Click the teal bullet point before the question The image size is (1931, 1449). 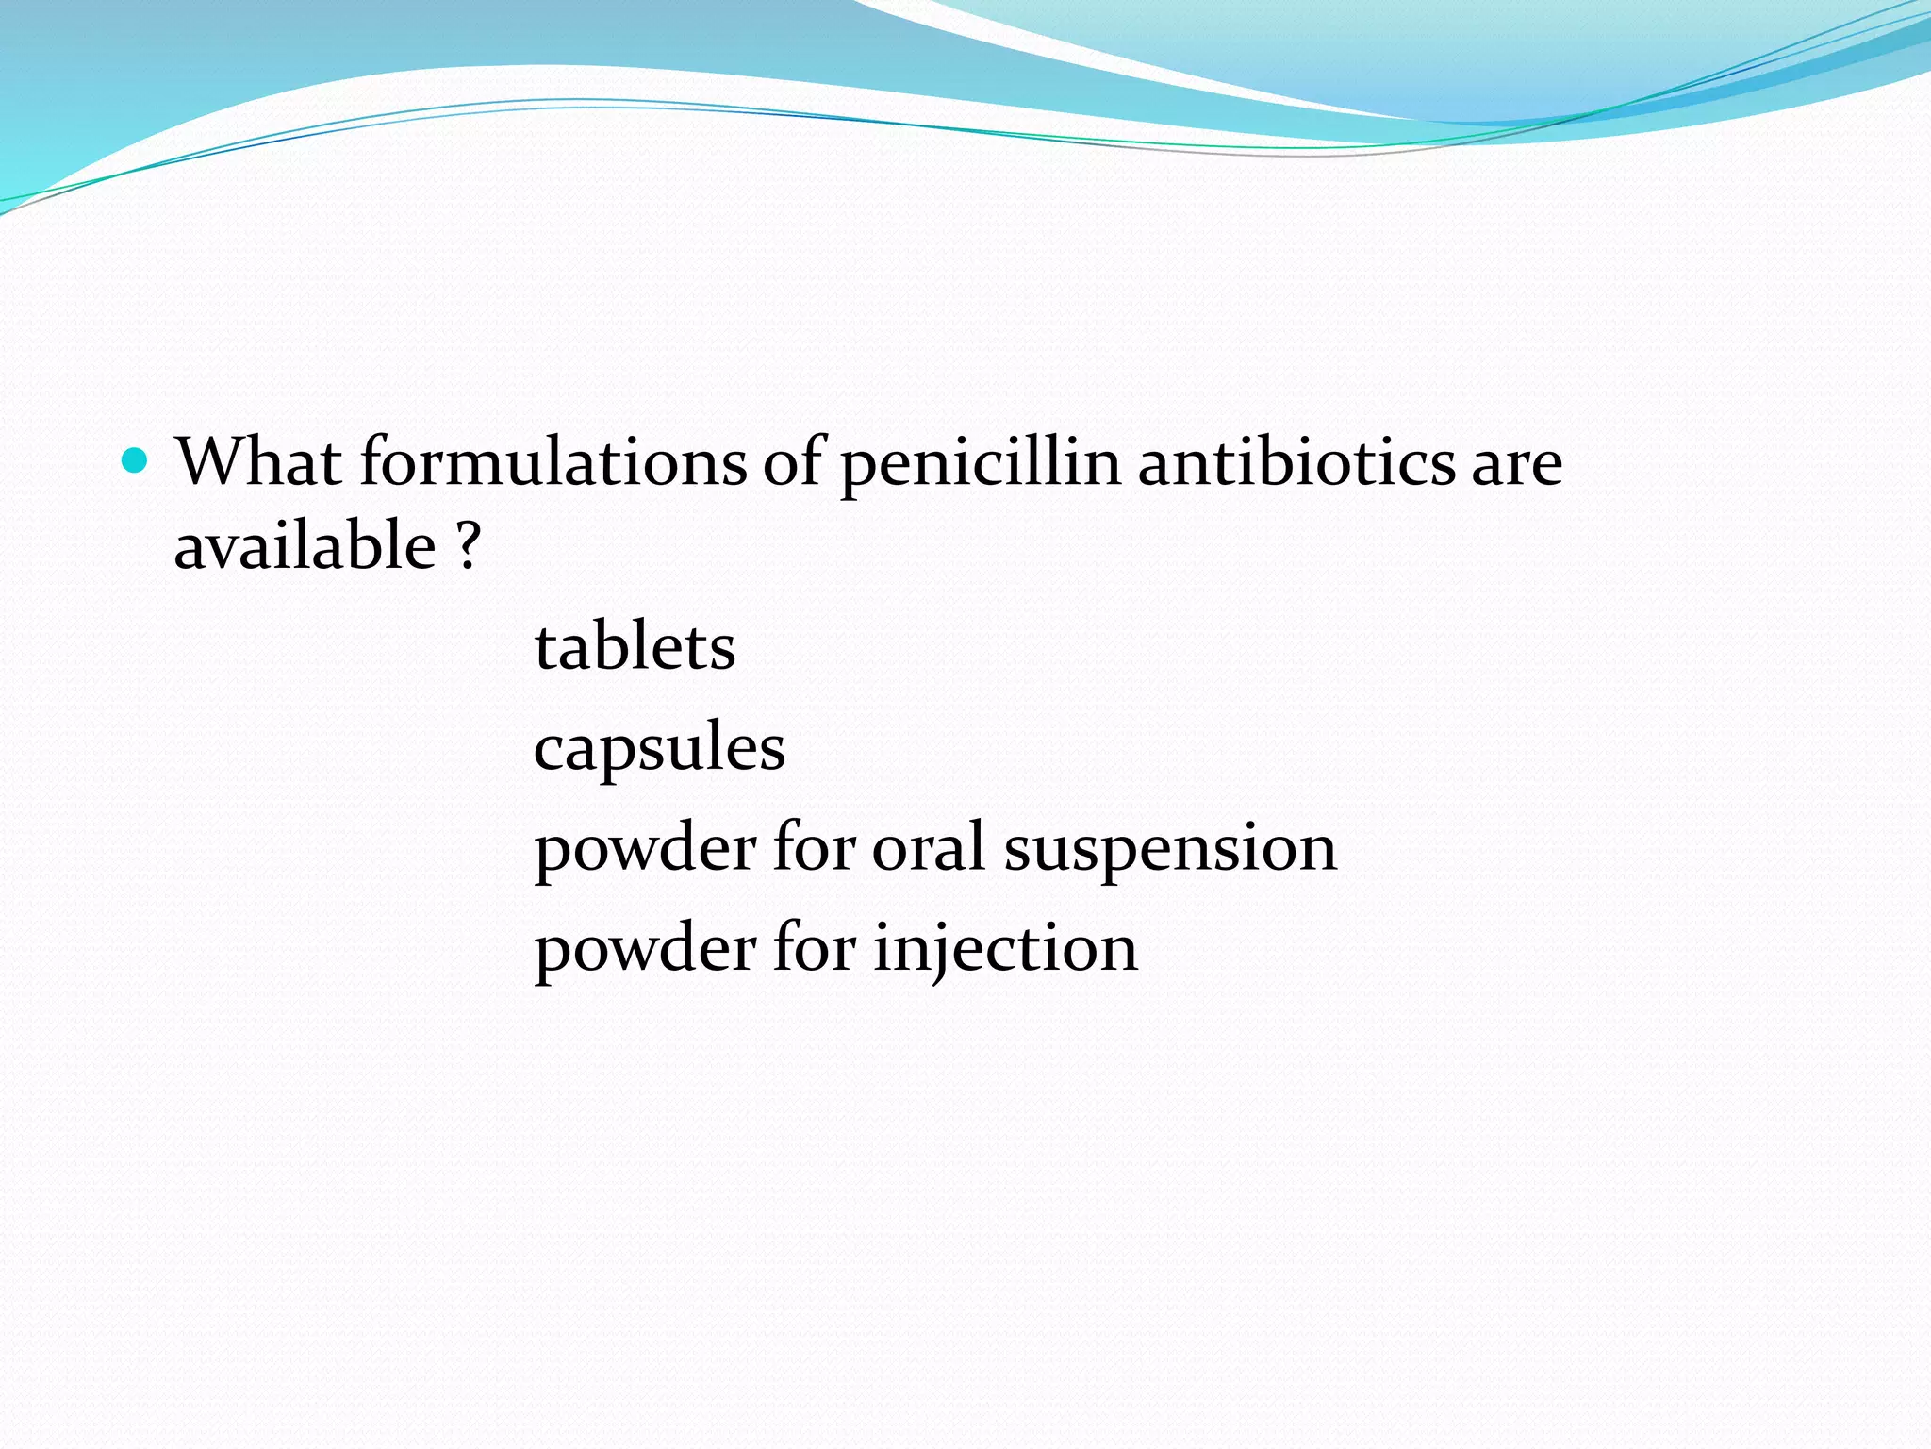136,461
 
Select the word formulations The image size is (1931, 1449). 553,462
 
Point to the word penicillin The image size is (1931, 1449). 981,464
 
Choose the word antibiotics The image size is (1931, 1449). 1296,462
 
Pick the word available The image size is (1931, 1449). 305,546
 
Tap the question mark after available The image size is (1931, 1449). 469,546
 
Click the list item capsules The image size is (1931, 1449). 659,750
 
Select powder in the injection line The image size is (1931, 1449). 645,950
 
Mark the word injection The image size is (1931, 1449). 1005,948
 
